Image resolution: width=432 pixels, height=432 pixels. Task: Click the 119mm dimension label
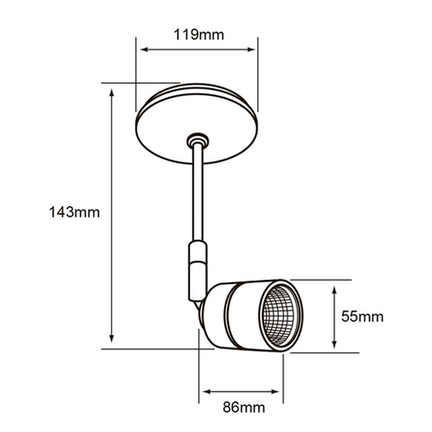(199, 35)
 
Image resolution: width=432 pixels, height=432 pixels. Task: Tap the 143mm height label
(74, 212)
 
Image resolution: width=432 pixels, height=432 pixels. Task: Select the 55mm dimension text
(362, 316)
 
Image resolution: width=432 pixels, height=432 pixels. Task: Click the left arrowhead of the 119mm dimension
(144, 50)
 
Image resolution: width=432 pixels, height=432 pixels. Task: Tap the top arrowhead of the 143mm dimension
(112, 92)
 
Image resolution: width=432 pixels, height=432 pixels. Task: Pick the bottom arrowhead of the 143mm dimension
(112, 339)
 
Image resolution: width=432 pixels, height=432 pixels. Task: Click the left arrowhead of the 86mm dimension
(206, 392)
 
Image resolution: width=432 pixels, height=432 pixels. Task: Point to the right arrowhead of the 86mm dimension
(276, 392)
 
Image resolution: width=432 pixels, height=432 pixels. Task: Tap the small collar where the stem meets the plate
(197, 140)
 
